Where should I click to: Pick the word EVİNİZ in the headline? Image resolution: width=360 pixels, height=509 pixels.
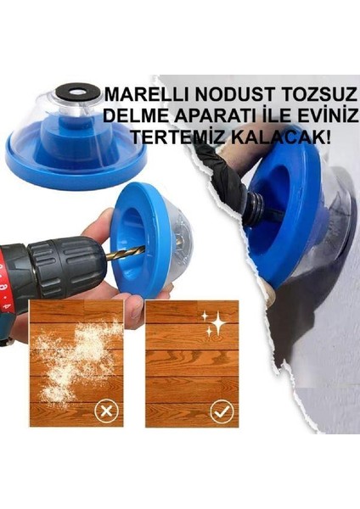320,115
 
